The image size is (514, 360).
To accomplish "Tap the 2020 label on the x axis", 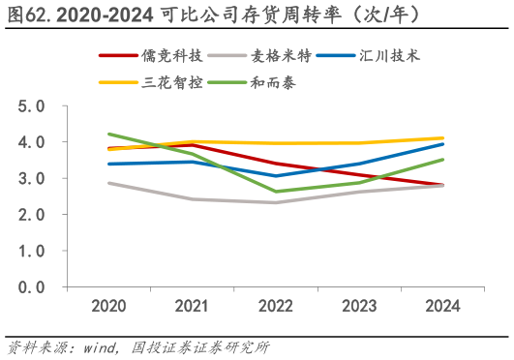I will [108, 306].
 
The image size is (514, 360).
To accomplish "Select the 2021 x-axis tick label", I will [192, 306].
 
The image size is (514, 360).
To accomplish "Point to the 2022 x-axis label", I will [276, 306].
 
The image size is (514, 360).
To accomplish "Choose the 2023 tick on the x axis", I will [359, 306].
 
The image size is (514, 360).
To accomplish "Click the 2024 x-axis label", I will [443, 306].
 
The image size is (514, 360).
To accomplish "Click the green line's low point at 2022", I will [277, 192].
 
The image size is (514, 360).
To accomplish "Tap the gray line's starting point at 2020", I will [108, 182].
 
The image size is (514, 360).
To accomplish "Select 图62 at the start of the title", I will [22, 15].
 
